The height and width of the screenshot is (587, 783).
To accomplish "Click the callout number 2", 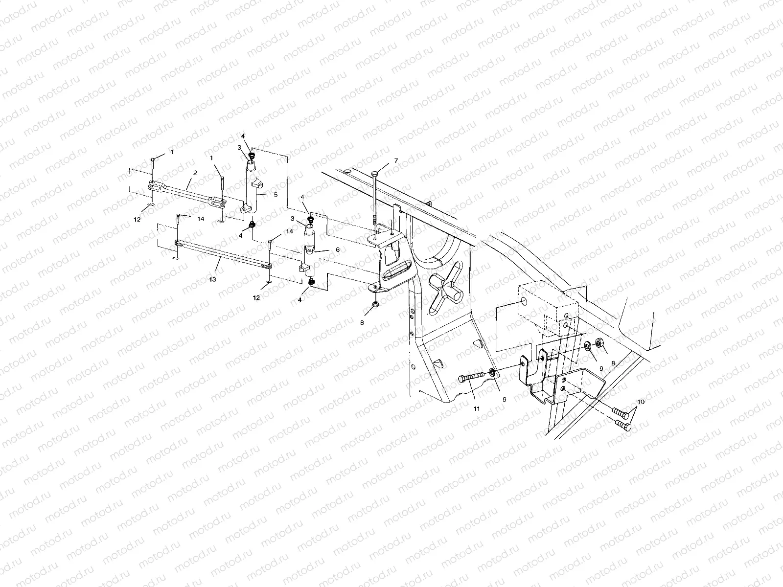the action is (194, 173).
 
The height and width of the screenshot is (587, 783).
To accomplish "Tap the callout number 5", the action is (275, 195).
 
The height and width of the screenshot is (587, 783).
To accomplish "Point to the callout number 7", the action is (396, 161).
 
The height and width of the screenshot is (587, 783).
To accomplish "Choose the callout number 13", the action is (212, 279).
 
